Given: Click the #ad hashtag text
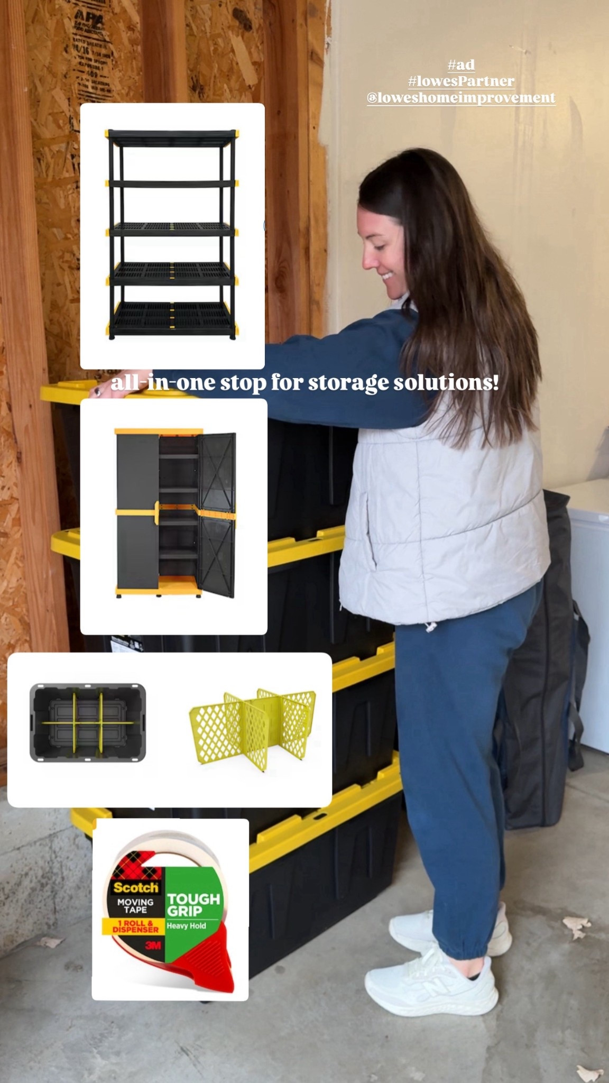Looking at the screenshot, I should click(x=460, y=65).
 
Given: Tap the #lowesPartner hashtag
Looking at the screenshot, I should click(x=460, y=81).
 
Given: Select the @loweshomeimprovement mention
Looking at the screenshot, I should click(x=460, y=98).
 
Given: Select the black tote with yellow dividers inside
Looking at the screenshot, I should click(x=88, y=723).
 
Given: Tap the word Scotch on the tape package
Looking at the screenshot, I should click(x=135, y=887).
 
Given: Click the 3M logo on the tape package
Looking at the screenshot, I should click(x=153, y=945).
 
